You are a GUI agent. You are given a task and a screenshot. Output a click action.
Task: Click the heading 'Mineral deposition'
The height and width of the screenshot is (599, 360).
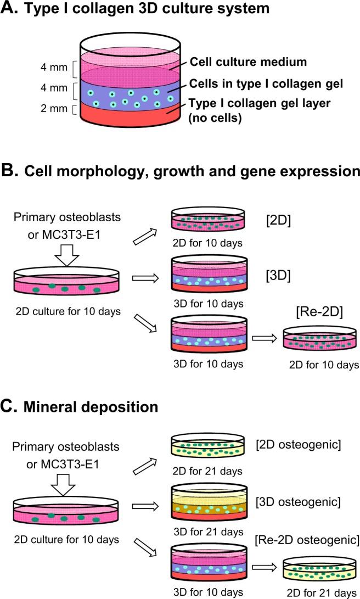87,407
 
